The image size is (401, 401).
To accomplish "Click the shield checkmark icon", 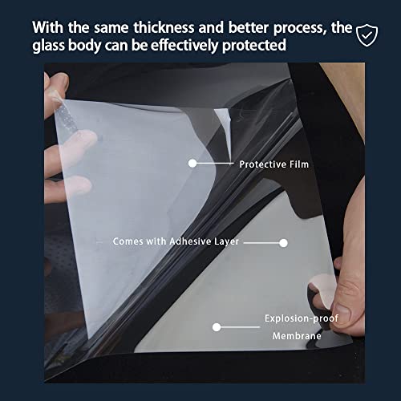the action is [x=367, y=35].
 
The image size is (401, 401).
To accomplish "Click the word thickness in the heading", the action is [x=164, y=27].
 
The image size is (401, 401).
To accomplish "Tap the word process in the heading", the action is [x=300, y=29].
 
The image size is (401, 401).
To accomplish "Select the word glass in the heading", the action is [x=48, y=45].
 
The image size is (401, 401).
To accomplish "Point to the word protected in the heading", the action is [x=254, y=46].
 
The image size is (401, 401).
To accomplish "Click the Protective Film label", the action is [x=274, y=164].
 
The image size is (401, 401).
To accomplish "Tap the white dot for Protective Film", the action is [x=192, y=163].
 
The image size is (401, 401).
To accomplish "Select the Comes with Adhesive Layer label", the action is [x=176, y=241].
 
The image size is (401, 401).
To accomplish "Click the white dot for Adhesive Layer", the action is [x=283, y=243].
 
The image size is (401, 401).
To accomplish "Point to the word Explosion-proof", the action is [x=302, y=318].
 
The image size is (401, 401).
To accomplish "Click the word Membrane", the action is [x=297, y=336].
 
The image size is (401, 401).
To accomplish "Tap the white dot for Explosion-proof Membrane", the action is [x=217, y=327].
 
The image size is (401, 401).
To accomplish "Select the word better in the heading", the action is [x=249, y=27].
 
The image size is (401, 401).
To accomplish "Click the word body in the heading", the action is [x=84, y=45].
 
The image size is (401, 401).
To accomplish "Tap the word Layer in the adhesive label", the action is [x=226, y=241].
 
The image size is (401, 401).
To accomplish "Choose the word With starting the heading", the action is [x=48, y=27].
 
